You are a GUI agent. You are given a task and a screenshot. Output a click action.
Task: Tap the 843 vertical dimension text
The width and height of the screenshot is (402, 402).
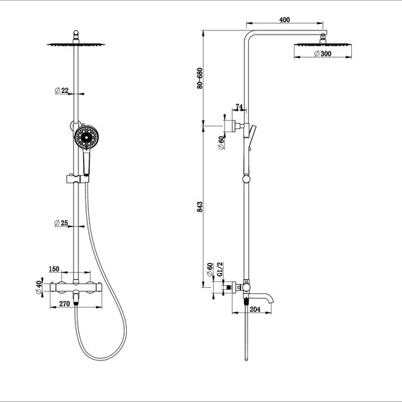tap(201, 206)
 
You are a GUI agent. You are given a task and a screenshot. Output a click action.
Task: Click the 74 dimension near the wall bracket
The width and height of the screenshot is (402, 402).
tap(239, 107)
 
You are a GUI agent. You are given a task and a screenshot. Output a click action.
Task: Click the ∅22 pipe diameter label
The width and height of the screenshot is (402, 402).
tap(61, 90)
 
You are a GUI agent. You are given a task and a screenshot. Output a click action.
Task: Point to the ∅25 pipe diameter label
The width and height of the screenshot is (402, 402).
tap(61, 223)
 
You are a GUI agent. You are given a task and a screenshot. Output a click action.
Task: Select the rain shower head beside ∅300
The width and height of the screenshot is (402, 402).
tap(324, 45)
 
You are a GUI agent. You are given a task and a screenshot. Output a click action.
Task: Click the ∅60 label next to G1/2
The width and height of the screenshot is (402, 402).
tap(209, 270)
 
